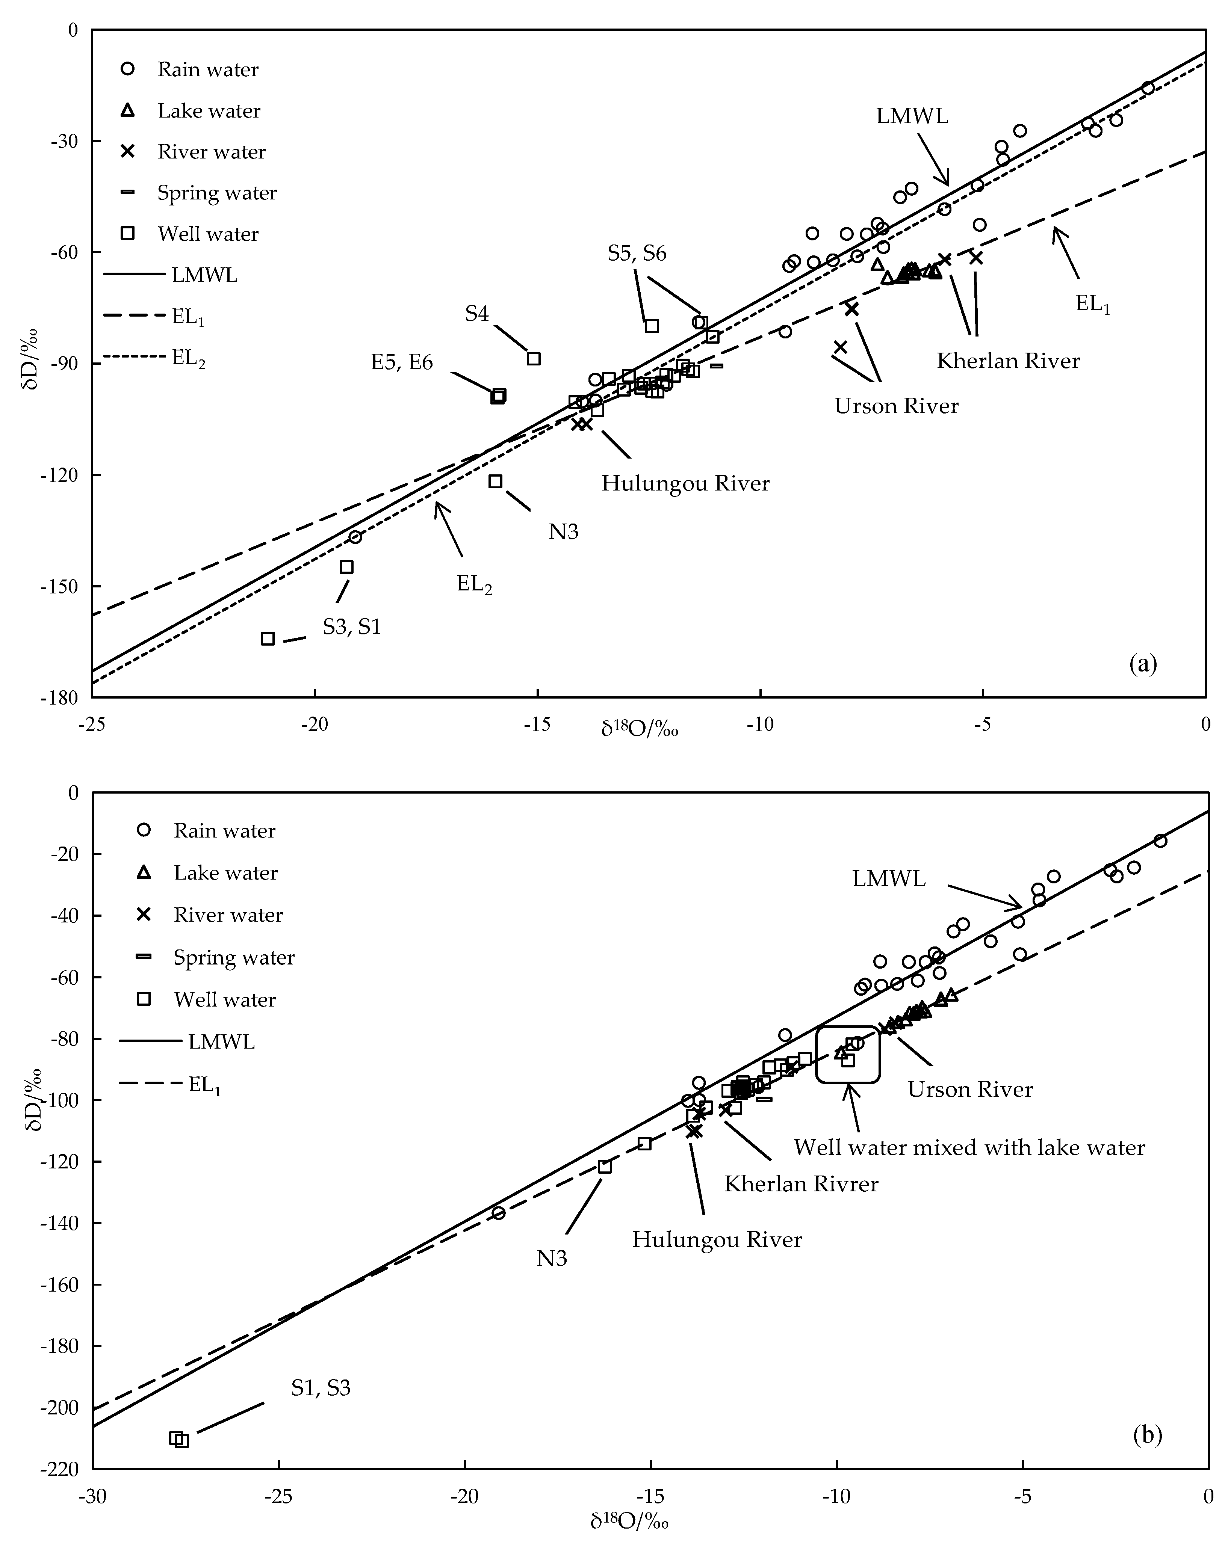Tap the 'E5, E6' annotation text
[x=402, y=362]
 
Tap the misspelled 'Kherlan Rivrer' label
[x=801, y=1183]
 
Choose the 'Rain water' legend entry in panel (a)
[x=207, y=69]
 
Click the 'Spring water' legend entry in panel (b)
[x=233, y=957]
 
